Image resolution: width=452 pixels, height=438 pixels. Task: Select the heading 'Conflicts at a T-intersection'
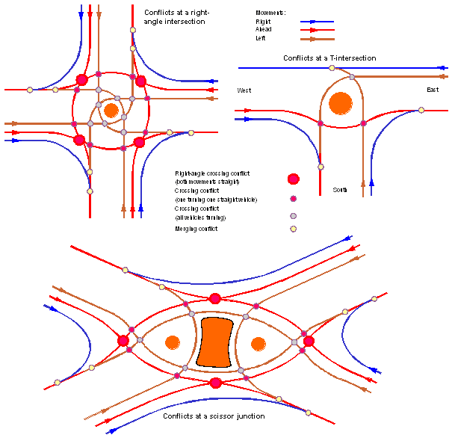click(329, 58)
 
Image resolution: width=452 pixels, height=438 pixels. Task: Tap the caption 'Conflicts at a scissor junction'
click(214, 416)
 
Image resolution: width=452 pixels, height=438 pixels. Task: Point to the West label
click(244, 90)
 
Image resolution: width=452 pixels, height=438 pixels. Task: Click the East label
click(433, 90)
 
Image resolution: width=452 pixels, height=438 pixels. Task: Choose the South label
click(340, 190)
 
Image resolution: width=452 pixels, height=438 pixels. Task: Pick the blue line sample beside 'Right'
click(317, 22)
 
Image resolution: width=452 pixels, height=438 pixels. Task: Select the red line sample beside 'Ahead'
click(317, 31)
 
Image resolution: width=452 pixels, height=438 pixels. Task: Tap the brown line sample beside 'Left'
click(317, 39)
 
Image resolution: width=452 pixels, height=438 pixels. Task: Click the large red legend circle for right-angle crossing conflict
click(294, 179)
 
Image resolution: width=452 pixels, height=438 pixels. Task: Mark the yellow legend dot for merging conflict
click(294, 229)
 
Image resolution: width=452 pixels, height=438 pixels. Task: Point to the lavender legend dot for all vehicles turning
click(294, 215)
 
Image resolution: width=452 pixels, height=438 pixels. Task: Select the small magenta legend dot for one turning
click(294, 198)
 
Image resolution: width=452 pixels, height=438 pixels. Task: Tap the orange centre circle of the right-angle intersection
click(111, 111)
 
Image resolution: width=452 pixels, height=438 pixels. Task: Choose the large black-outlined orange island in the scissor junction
click(215, 342)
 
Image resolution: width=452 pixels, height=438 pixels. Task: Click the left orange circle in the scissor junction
click(173, 343)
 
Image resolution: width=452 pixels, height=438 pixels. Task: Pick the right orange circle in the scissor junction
click(258, 343)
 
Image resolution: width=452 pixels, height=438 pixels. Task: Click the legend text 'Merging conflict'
click(196, 229)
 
